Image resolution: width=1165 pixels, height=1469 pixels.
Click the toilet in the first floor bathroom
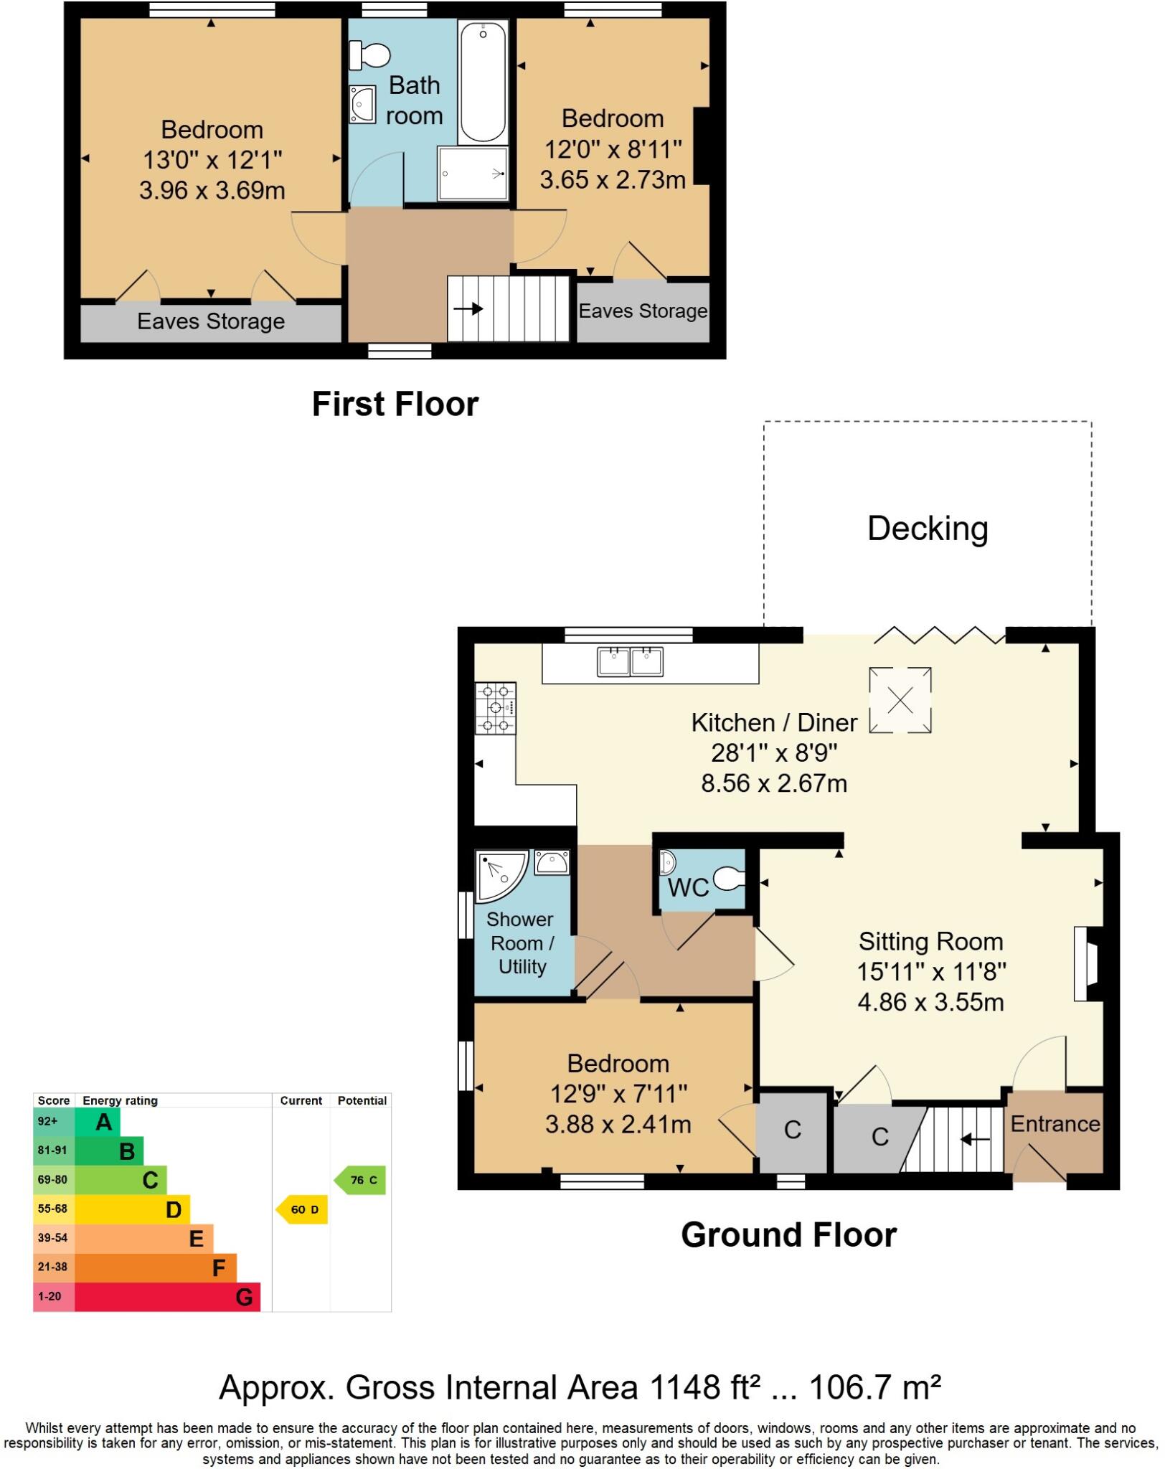(x=370, y=55)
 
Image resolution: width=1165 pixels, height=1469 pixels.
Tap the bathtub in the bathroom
(x=483, y=81)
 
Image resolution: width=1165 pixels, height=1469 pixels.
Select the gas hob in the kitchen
(x=496, y=709)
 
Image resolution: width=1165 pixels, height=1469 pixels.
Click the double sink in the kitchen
(x=630, y=661)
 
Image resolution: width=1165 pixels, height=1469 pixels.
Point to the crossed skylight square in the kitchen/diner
(x=900, y=700)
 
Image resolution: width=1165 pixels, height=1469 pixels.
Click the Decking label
(x=928, y=529)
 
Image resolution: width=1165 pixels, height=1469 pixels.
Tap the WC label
(x=688, y=888)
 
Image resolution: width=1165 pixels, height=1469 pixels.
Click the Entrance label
(x=1055, y=1123)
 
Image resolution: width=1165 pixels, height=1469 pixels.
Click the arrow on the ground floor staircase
(x=975, y=1139)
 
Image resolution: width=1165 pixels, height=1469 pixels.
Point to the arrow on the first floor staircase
(x=468, y=309)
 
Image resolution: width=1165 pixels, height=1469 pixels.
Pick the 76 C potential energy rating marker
(x=362, y=1180)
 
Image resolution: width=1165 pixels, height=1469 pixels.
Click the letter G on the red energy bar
(x=244, y=1297)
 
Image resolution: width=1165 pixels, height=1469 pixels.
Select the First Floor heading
(x=395, y=404)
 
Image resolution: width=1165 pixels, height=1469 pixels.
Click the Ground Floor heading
(x=788, y=1234)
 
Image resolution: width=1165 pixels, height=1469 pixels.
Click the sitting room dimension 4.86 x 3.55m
(x=930, y=1001)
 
